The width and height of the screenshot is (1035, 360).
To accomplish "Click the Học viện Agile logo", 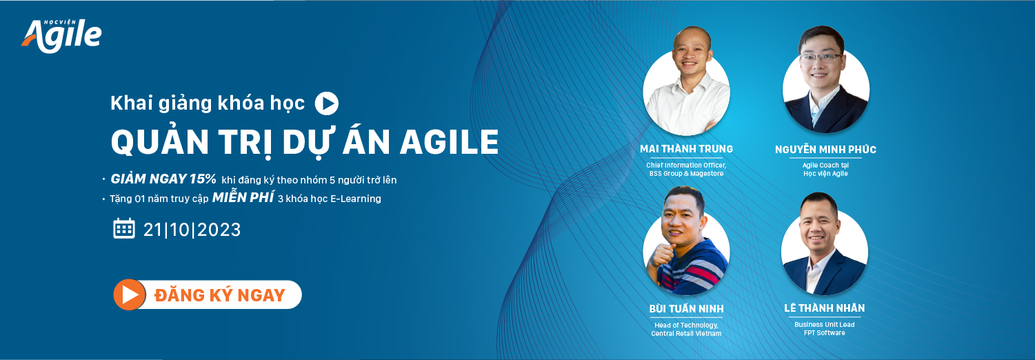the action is tap(62, 36).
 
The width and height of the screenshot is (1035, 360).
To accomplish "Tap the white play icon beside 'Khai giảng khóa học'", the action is tap(327, 103).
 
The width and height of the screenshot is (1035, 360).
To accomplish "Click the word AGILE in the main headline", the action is tap(449, 142).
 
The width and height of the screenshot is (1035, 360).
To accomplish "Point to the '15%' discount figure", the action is tap(203, 179).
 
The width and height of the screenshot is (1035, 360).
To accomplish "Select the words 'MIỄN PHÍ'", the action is tap(243, 197).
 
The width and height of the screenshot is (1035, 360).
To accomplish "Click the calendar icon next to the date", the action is tap(124, 228).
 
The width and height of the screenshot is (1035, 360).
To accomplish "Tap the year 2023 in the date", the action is tap(219, 230).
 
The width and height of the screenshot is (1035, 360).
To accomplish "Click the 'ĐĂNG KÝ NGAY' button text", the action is tap(220, 295).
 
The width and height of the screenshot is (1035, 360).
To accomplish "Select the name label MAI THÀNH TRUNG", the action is tap(686, 149).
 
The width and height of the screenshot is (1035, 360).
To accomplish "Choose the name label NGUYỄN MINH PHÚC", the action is tap(825, 149).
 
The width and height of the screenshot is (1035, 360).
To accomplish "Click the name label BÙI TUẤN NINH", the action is tap(686, 309).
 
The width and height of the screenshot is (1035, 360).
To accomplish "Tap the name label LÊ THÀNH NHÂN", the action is tap(824, 308).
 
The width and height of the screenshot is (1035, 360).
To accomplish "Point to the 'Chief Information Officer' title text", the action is tap(686, 166).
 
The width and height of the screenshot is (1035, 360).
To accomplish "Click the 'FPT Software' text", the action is tap(824, 333).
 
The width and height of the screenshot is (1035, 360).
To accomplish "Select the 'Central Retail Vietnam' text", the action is tap(686, 334).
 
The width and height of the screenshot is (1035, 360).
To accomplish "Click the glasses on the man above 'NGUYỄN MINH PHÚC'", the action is tap(821, 58).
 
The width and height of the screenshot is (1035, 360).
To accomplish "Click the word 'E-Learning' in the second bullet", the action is tap(356, 199).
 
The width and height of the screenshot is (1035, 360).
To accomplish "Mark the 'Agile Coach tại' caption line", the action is tap(825, 166).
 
